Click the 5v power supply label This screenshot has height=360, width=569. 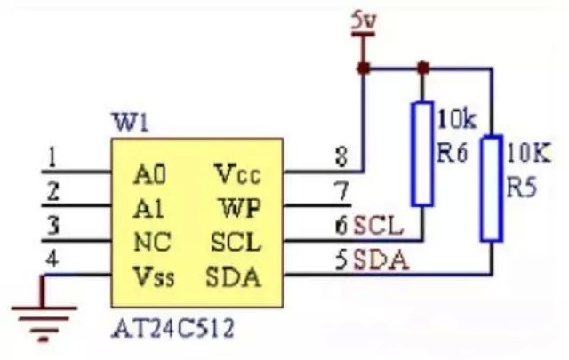point(364,21)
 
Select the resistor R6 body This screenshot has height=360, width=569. point(422,154)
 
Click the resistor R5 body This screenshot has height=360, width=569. point(492,188)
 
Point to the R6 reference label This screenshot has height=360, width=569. point(452,153)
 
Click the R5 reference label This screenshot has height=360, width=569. point(521,188)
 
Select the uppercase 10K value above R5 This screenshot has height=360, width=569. point(528,152)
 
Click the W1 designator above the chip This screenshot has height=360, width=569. point(132,123)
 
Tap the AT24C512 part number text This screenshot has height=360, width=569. point(172,329)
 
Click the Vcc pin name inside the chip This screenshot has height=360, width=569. point(237,174)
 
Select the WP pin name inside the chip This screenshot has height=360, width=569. point(241,208)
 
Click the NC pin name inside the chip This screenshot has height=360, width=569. point(152,242)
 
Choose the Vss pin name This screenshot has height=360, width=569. point(154,276)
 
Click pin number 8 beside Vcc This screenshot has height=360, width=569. point(341,156)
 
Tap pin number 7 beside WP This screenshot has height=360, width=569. point(341,191)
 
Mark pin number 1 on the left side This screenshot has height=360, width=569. point(53,157)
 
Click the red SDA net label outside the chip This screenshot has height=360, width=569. point(381,260)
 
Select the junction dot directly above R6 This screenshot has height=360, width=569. point(423,68)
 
